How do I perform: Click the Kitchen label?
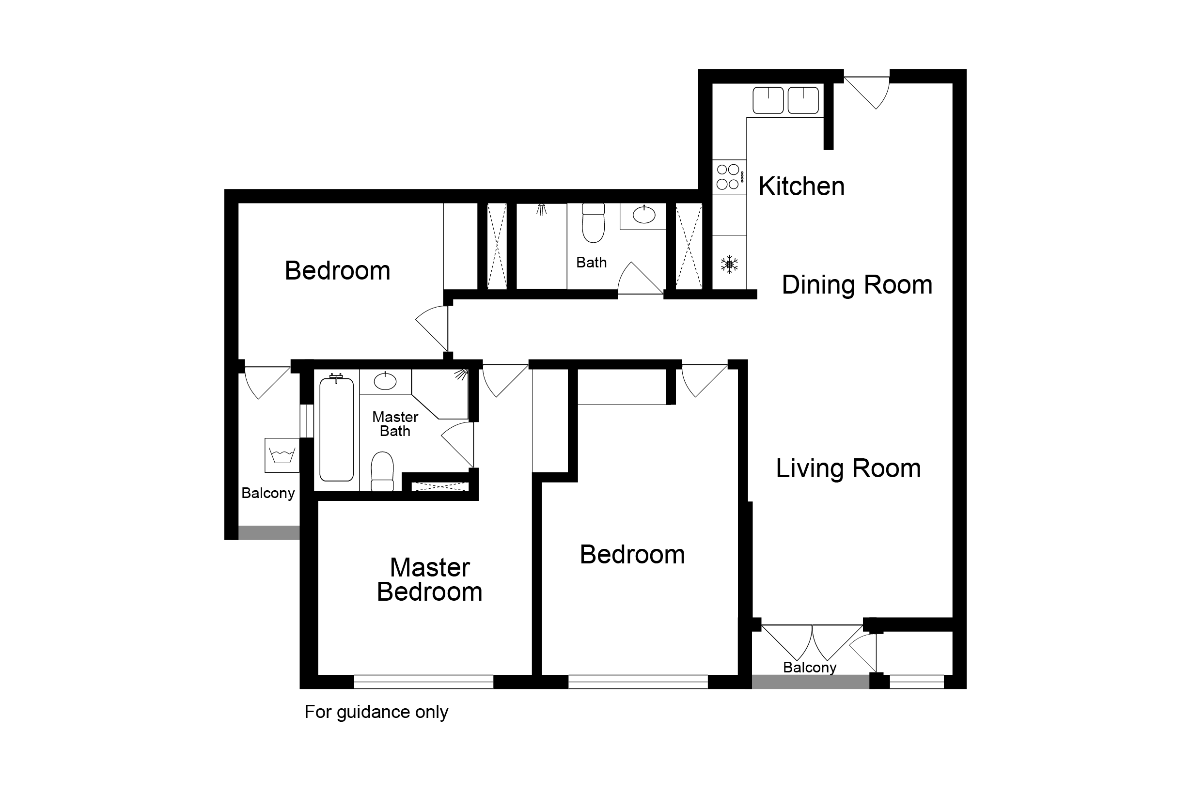coord(801,187)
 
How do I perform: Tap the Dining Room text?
coord(857,284)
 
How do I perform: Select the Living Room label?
coord(848,468)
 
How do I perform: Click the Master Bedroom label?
coord(430,580)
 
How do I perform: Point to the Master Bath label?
coord(395,424)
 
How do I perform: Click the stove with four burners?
coord(730,177)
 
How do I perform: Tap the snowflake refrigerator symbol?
coord(729,265)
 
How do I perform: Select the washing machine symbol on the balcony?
coord(282,455)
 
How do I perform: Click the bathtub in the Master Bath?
coord(336,428)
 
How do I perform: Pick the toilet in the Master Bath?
coord(382,471)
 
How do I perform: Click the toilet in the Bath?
coord(594,223)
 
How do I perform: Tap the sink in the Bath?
coord(643,215)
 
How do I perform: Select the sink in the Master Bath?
coord(385,381)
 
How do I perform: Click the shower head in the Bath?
coord(542,210)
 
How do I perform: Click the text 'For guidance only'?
coord(376,712)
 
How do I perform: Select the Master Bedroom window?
coord(423,682)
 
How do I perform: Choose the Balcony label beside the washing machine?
coord(268,493)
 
